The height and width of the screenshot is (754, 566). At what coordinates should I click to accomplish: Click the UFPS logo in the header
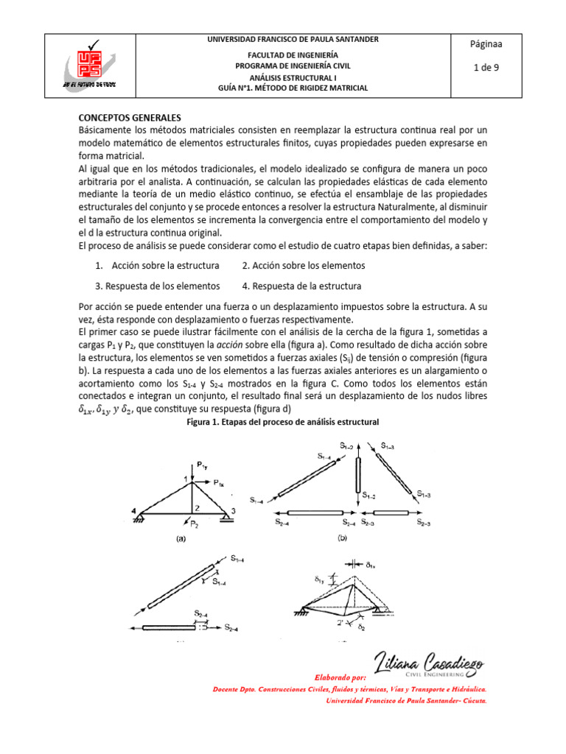pyautogui.click(x=88, y=65)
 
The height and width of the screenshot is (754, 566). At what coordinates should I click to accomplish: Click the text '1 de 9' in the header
pyautogui.click(x=486, y=68)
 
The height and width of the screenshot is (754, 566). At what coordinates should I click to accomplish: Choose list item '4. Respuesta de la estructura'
pyautogui.click(x=301, y=286)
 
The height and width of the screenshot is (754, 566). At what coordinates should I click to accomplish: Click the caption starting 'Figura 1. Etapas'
pyautogui.click(x=283, y=422)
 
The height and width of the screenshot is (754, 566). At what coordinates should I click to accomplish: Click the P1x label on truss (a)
pyautogui.click(x=220, y=484)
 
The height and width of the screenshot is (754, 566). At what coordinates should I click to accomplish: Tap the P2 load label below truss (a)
pyautogui.click(x=194, y=524)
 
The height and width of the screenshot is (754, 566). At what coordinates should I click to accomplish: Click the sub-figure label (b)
pyautogui.click(x=342, y=538)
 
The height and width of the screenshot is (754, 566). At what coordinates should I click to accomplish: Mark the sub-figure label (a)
pyautogui.click(x=180, y=538)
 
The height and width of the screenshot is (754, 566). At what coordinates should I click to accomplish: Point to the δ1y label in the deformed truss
pyautogui.click(x=319, y=580)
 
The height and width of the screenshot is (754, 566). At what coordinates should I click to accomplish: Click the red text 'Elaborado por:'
pyautogui.click(x=340, y=677)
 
